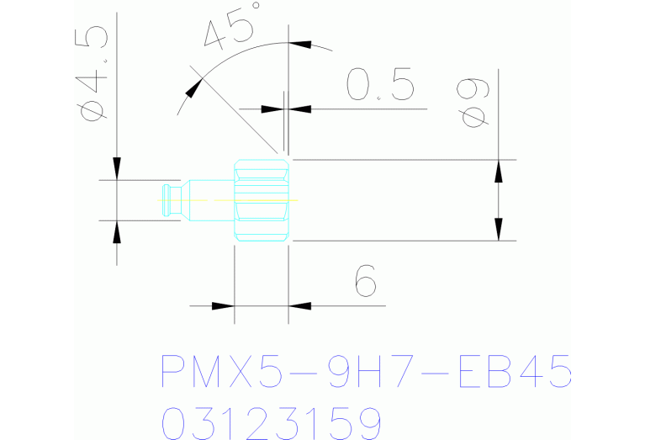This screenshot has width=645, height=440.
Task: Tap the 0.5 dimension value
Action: pos(379,85)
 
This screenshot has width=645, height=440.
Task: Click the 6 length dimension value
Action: pos(363,280)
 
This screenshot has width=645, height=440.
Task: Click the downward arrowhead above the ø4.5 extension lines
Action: pos(116,167)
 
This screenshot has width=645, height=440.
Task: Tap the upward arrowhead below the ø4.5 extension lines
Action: pos(116,231)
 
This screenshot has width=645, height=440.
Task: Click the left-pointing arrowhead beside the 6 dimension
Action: pos(300,305)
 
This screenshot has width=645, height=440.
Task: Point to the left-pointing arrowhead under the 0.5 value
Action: pos(300,109)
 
